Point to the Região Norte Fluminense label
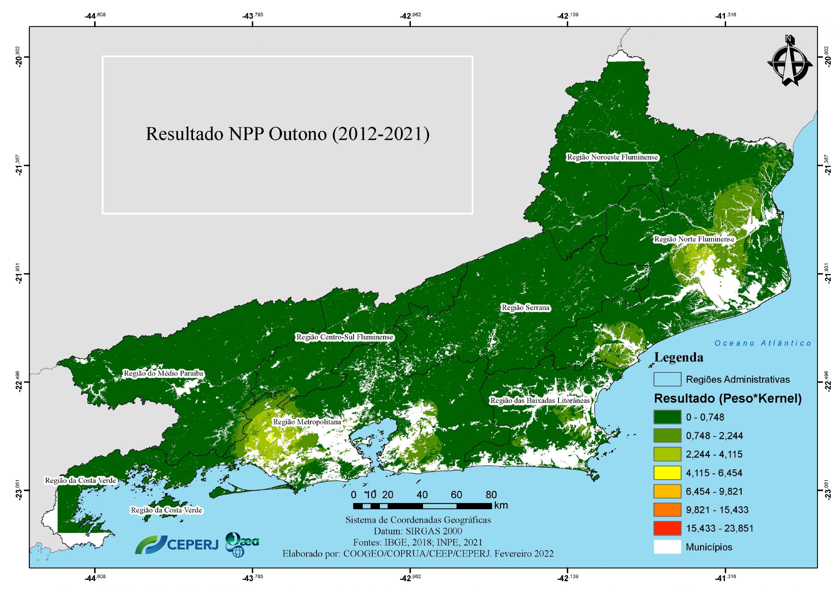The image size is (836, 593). [x=694, y=239]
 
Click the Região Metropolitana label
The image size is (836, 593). [x=307, y=422]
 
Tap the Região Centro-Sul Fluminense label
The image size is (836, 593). [x=344, y=337]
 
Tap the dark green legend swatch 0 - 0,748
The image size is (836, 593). [x=667, y=417]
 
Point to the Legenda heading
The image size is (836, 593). [x=678, y=357]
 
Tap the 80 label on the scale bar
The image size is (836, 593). [x=491, y=495]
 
